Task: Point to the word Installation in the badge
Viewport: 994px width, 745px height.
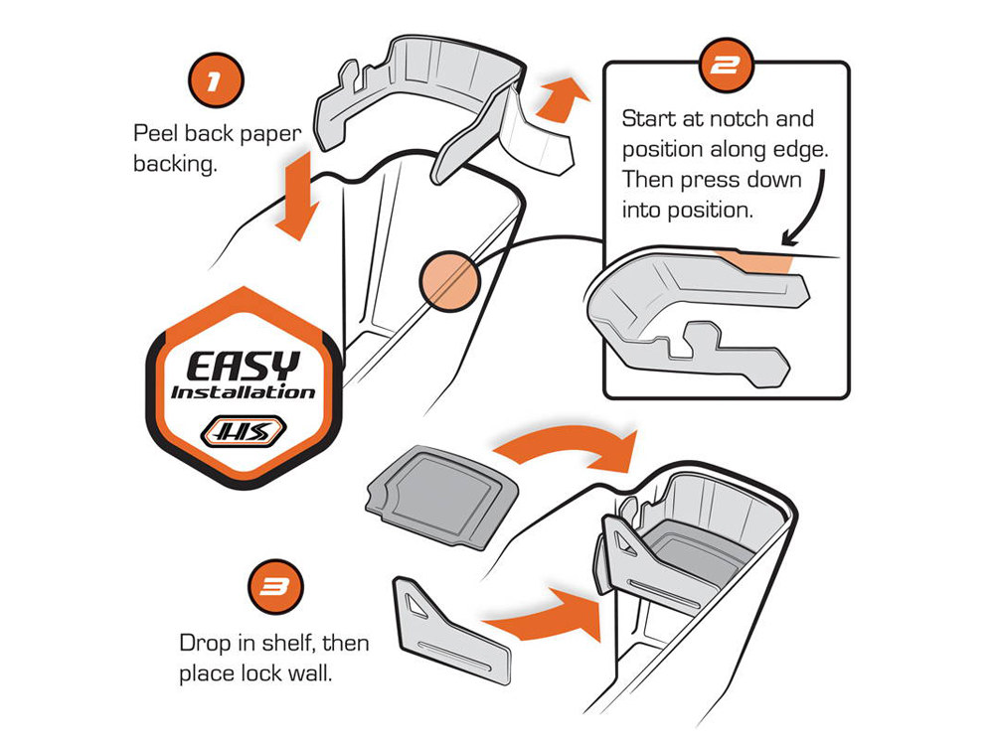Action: click(x=243, y=391)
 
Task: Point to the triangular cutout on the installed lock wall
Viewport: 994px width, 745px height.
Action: click(x=622, y=543)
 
